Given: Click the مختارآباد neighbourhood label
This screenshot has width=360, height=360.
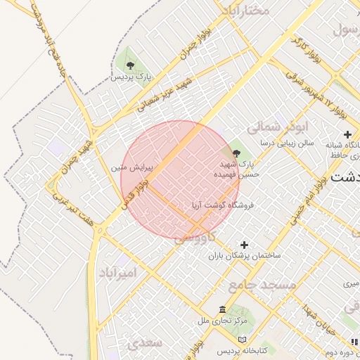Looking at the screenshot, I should click(245, 11).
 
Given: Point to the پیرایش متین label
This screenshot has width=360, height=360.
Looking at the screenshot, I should click(129, 168).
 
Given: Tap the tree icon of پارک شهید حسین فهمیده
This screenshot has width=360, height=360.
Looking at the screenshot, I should click(236, 153).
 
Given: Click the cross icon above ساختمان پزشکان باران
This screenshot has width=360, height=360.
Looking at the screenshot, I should click(244, 245).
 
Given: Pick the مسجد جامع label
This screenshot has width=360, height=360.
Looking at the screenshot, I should click(269, 285).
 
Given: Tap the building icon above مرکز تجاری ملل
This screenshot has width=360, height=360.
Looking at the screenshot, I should click(222, 310).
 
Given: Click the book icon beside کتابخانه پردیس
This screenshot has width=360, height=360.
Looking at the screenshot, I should click(242, 340).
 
